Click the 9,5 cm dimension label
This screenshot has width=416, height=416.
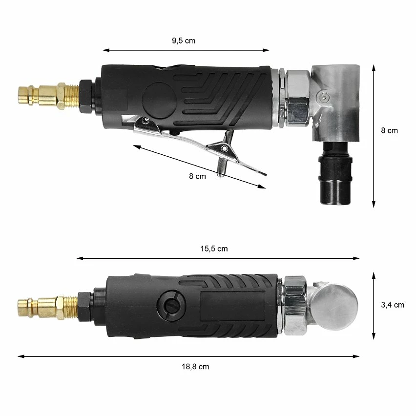184,41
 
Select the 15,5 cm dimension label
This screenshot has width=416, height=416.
214,249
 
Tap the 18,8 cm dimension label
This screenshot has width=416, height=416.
195,367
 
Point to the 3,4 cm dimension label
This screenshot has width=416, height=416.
393,305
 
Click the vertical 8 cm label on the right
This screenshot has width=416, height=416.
390,130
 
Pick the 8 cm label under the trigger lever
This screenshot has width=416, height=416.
197,176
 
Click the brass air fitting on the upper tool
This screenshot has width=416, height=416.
48,95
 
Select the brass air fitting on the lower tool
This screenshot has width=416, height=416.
48,307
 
